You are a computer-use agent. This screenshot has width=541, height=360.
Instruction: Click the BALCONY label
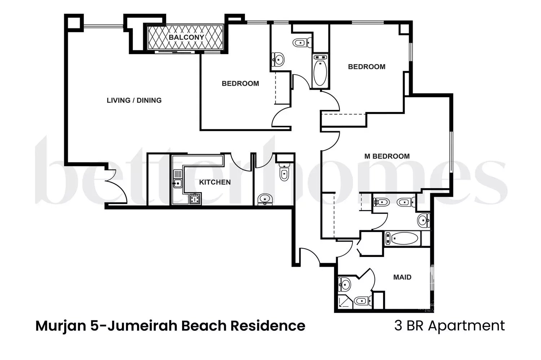tap(186, 37)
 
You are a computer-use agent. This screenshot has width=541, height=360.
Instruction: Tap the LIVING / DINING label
tap(134, 100)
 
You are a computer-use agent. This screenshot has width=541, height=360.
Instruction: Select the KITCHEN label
tap(215, 182)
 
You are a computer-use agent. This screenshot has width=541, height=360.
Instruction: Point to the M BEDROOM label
tap(387, 156)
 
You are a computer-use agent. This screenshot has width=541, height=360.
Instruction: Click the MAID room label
tap(402, 277)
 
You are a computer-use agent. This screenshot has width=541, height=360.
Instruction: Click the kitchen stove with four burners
tap(195, 199)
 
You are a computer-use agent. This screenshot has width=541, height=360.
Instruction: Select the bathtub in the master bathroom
tap(403, 239)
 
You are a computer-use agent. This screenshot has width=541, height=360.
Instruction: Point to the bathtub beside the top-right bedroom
tap(320, 71)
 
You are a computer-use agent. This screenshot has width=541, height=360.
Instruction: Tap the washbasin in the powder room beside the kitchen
tap(265, 199)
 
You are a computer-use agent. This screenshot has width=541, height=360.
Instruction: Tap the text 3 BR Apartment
tap(449, 326)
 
